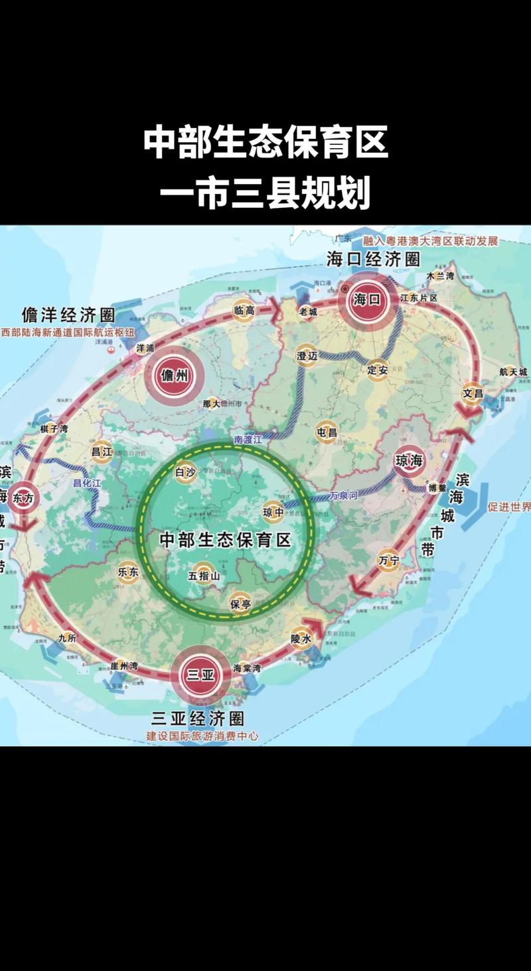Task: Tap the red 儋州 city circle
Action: (175, 376)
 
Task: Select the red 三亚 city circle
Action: (200, 675)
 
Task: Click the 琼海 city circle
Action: (409, 461)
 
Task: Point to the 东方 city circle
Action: (23, 499)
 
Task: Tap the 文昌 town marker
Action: (473, 394)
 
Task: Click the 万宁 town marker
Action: (389, 561)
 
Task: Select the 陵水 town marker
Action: (301, 638)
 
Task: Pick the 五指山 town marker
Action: (204, 575)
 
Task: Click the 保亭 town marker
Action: (240, 604)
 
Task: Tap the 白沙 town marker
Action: (185, 472)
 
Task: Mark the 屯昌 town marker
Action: (327, 432)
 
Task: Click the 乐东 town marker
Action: (128, 571)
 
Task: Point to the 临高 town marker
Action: (244, 310)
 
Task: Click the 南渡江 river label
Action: (249, 440)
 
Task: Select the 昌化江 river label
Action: (87, 484)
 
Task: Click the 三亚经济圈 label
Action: (198, 718)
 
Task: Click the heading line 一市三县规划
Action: (265, 194)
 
